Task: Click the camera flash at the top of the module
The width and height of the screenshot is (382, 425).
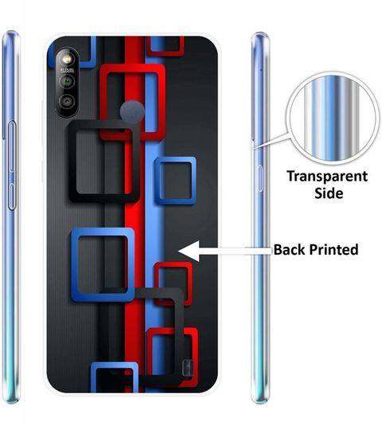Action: tap(66, 59)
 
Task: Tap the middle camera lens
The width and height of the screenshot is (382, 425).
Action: tap(67, 80)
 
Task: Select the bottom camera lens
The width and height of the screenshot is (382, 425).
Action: tap(67, 101)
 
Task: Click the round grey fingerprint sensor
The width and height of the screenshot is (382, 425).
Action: tap(132, 111)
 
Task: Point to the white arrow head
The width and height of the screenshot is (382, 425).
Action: tap(189, 251)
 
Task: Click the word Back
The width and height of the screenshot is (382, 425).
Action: tap(290, 249)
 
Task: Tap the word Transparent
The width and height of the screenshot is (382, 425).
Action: tap(327, 177)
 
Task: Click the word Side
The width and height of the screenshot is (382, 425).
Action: tap(329, 193)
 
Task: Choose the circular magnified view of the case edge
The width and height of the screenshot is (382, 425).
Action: tap(332, 118)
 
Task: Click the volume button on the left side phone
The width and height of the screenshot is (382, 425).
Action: tap(12, 166)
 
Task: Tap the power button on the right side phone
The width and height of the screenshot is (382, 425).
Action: tap(260, 178)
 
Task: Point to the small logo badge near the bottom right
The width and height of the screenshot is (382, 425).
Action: tap(188, 368)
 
